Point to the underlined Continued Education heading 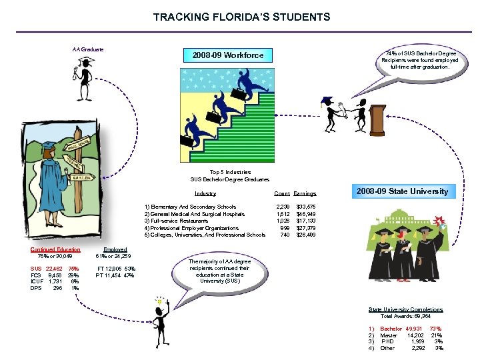(x=55, y=249)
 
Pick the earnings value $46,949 (x=306, y=214)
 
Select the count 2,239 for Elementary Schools (x=283, y=207)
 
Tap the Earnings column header (x=305, y=193)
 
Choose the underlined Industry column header (x=205, y=193)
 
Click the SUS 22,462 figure (x=45, y=269)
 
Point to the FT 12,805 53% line (x=116, y=269)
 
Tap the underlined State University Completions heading (x=406, y=309)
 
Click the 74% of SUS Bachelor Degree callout (x=419, y=60)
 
